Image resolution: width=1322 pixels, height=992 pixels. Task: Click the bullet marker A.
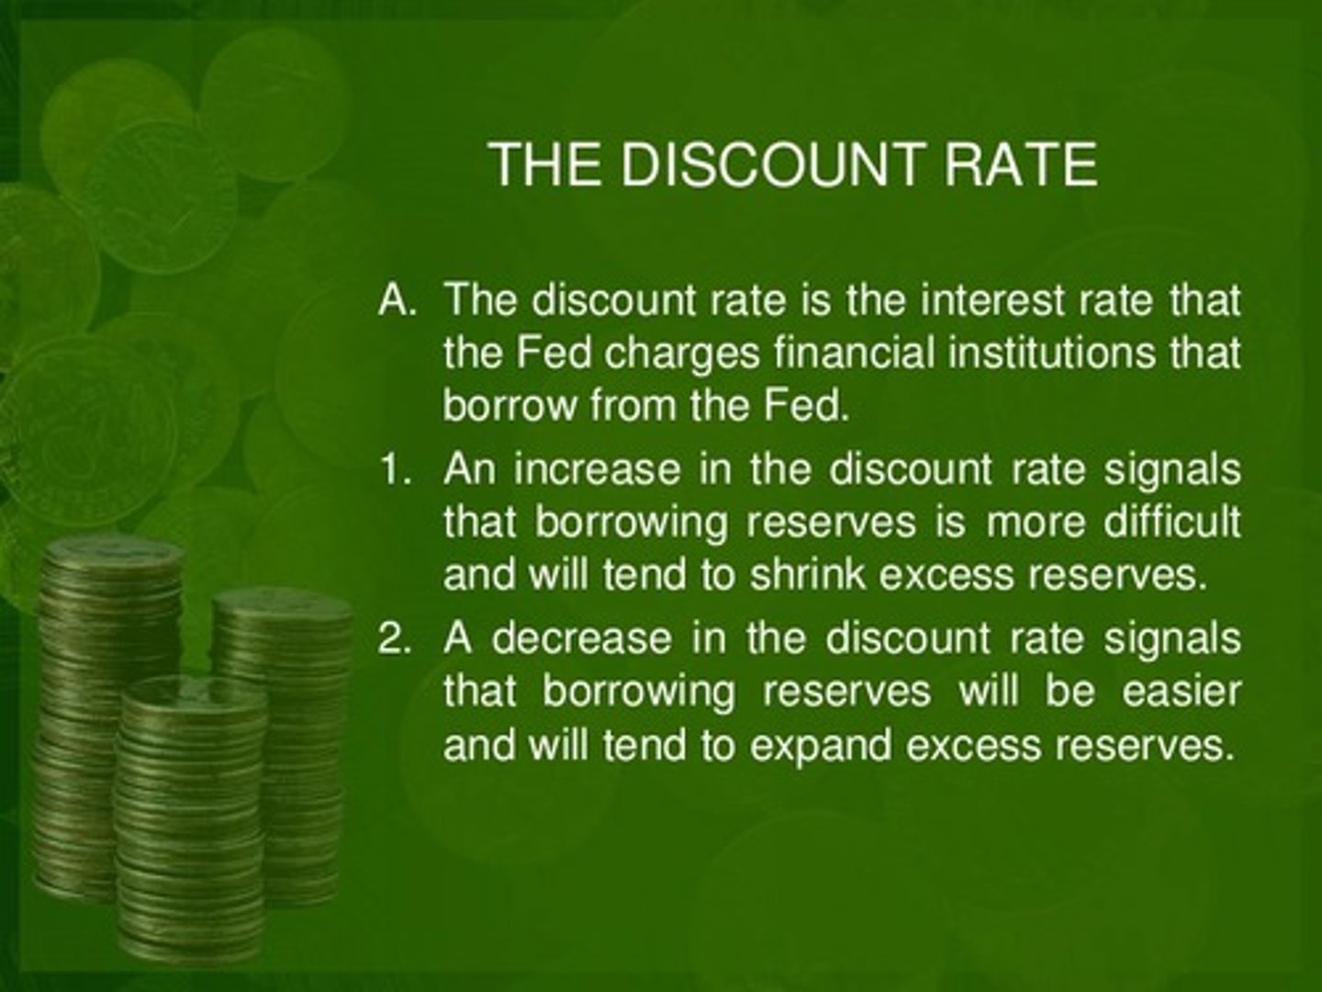[x=398, y=301]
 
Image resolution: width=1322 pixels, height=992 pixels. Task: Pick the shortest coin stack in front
[x=188, y=808]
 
